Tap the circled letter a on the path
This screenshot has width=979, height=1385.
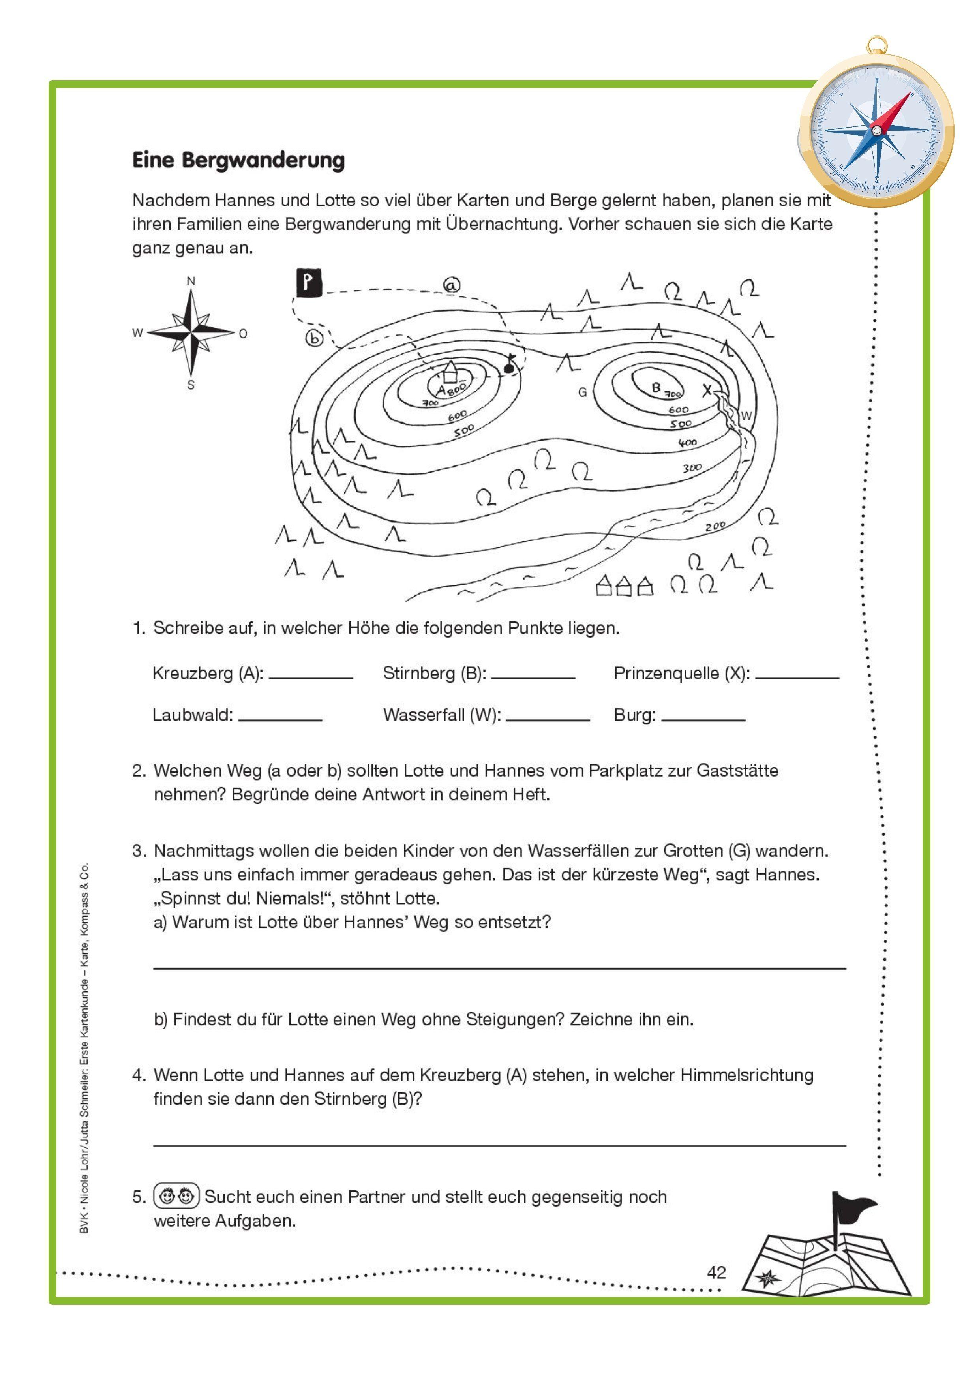coord(451,285)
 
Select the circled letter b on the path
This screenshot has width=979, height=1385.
coord(314,338)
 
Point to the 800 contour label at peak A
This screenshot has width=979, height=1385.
coord(457,388)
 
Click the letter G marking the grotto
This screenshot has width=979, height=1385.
coord(582,392)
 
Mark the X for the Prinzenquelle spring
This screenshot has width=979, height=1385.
coord(707,391)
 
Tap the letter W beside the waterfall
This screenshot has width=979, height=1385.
coord(746,416)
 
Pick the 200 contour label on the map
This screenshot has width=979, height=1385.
coord(715,526)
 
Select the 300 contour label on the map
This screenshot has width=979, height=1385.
coord(692,467)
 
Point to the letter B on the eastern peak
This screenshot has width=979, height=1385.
coord(656,388)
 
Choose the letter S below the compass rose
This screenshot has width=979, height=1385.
coord(191,385)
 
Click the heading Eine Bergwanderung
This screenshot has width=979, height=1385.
coord(238,160)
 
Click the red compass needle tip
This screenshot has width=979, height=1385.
coord(908,95)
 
